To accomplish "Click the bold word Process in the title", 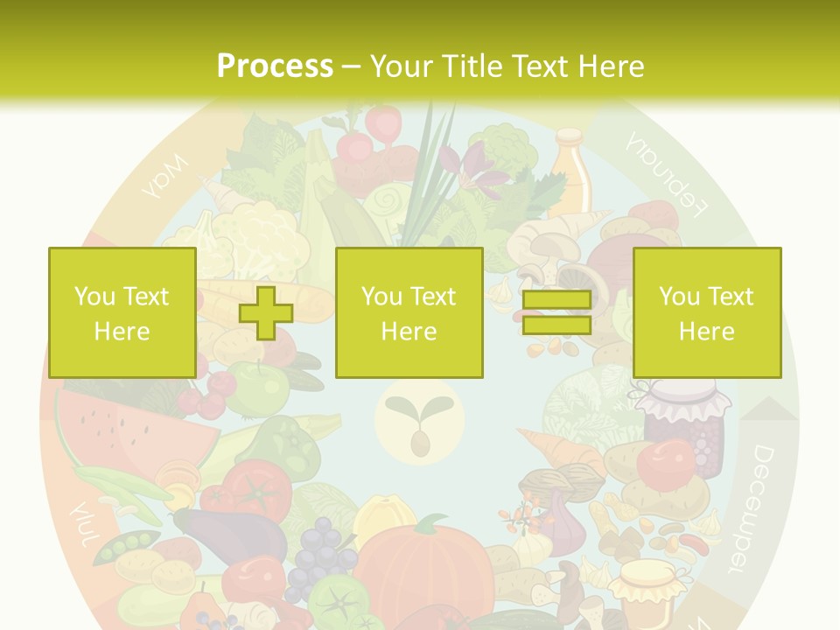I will tap(275, 66).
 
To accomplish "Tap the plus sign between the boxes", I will tap(266, 312).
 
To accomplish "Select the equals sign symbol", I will tap(556, 312).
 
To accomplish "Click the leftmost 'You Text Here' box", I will tap(122, 312).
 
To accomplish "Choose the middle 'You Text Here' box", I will tap(409, 312).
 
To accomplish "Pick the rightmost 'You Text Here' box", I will tap(706, 312).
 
